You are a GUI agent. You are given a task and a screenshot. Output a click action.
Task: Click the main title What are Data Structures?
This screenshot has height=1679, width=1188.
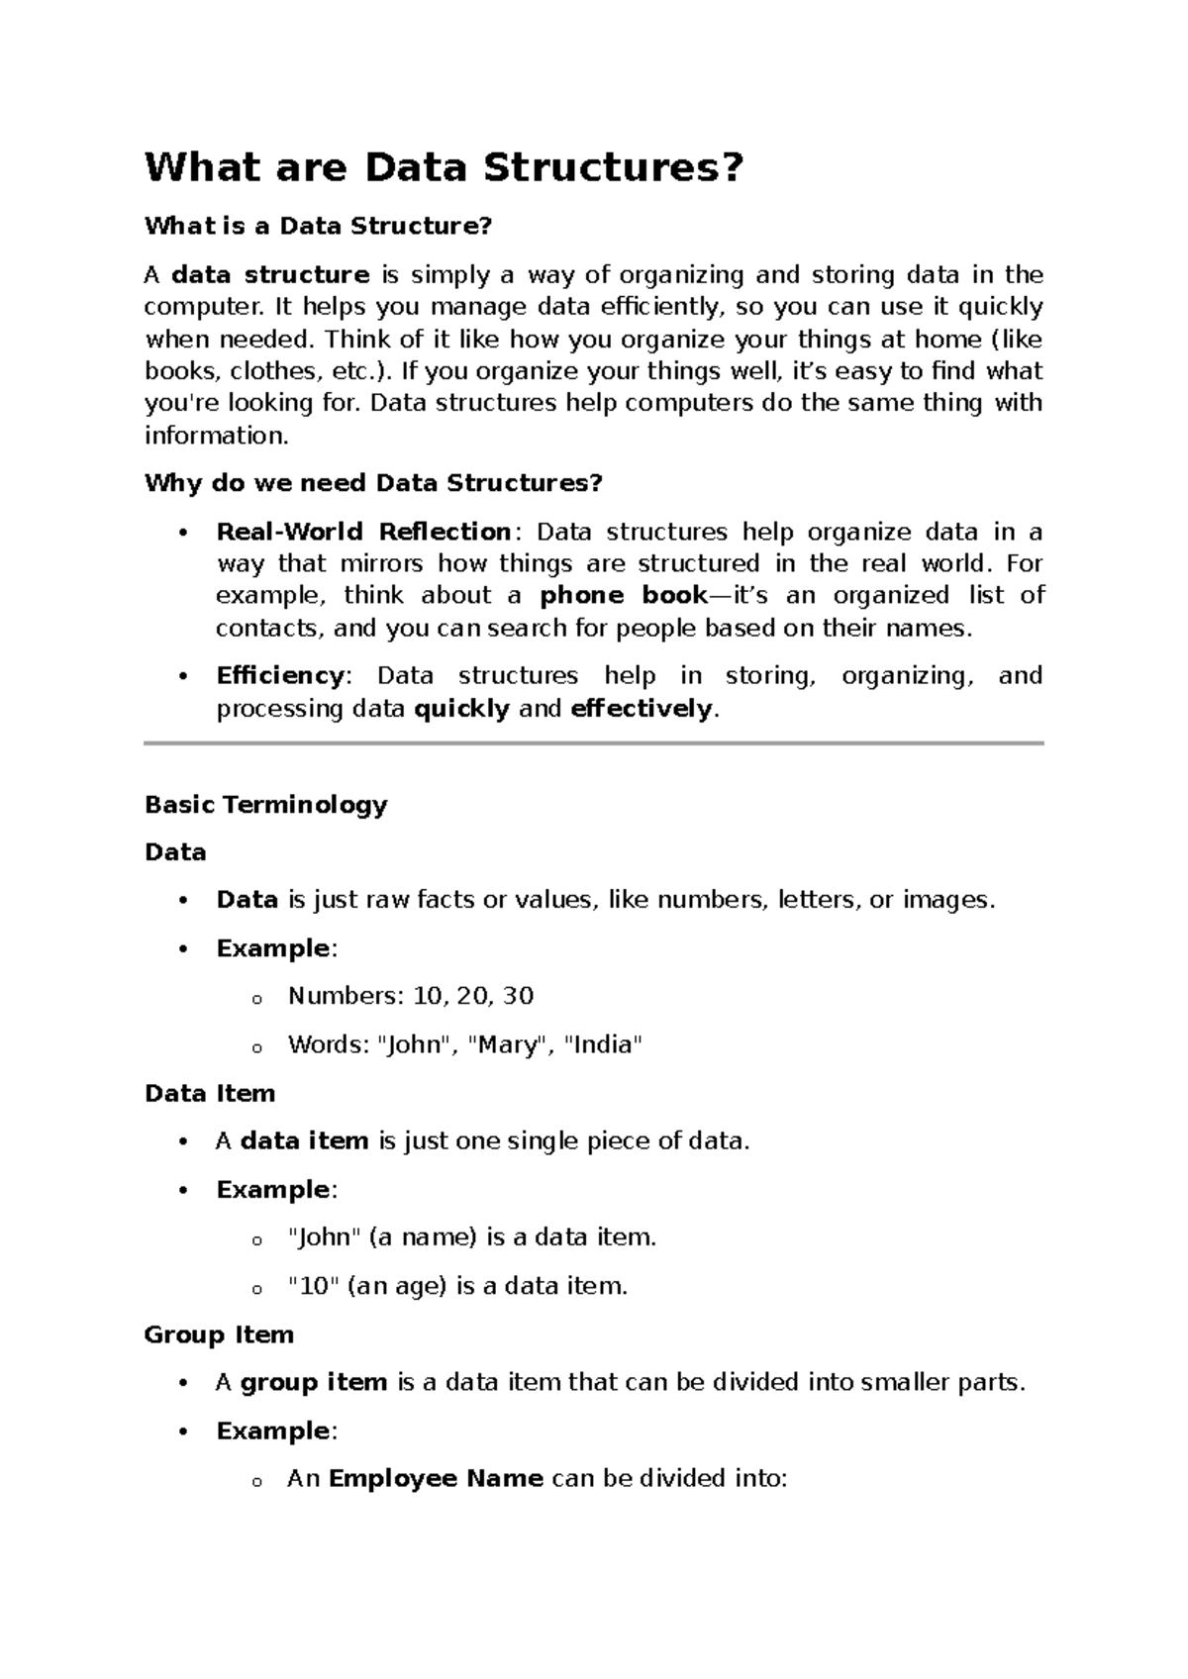(x=443, y=167)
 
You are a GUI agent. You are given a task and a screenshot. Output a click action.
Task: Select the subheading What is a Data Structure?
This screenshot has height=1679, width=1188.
(x=318, y=226)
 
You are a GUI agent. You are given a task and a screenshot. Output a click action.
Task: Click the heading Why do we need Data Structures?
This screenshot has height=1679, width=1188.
(x=373, y=483)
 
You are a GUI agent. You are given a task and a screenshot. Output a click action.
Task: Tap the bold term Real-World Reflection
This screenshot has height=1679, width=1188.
(x=363, y=532)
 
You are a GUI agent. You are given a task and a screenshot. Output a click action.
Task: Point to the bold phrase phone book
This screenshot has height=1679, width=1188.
(x=624, y=596)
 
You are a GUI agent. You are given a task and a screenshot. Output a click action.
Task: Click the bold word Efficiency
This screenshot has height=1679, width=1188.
(x=279, y=676)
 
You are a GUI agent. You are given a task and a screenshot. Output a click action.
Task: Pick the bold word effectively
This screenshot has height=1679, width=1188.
(x=642, y=709)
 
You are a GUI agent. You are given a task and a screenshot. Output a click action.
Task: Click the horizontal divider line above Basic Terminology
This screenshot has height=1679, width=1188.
(x=594, y=742)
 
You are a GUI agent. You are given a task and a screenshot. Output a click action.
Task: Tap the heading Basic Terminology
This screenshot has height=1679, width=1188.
(x=265, y=804)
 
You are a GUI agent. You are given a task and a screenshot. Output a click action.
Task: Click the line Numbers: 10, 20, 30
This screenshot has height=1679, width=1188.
(x=411, y=996)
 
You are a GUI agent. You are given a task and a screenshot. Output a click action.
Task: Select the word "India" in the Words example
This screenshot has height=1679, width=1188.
(x=602, y=1044)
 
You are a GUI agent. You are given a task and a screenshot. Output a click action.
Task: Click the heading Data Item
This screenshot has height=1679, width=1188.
(x=209, y=1093)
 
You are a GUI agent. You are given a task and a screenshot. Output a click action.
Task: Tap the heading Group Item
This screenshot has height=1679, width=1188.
(x=219, y=1334)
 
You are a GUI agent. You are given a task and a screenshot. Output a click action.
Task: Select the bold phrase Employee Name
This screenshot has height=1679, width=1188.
(x=436, y=1479)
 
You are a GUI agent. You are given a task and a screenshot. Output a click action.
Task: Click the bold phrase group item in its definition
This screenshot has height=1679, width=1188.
(x=314, y=1382)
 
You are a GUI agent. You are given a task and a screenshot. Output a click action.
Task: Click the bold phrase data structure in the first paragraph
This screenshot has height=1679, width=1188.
(x=270, y=274)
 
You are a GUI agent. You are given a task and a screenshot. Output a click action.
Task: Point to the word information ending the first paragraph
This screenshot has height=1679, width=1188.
(x=215, y=436)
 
